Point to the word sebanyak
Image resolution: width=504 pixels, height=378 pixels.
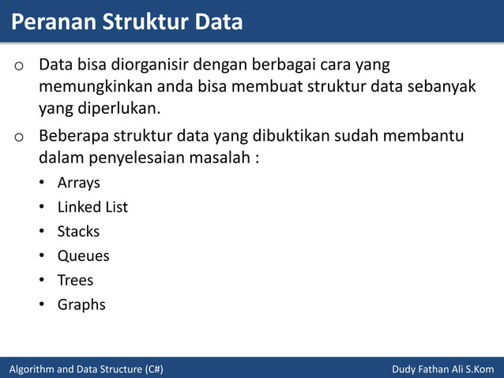tap(442, 85)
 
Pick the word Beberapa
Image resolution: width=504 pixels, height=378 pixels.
tap(74, 135)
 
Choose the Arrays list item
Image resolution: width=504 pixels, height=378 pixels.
tap(78, 183)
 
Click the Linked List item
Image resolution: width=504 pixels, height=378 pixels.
tap(92, 207)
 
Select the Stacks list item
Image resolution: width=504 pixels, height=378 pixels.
tap(78, 232)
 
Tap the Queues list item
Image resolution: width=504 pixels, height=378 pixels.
tap(83, 256)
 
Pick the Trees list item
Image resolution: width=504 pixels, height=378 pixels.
tap(75, 280)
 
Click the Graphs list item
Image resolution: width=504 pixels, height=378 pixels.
tap(81, 304)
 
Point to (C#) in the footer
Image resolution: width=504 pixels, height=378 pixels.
tap(154, 369)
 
